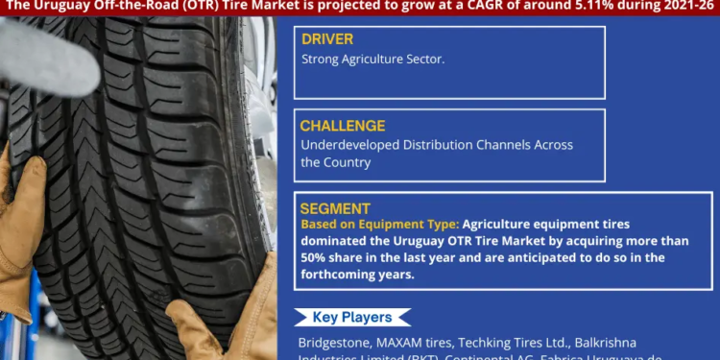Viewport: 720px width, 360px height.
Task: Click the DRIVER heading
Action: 327,39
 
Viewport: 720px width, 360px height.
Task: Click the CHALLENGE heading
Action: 343,126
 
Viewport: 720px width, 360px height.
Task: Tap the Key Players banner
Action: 351,318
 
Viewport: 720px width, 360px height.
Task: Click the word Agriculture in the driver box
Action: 381,60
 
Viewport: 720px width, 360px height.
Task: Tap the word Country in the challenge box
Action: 348,162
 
